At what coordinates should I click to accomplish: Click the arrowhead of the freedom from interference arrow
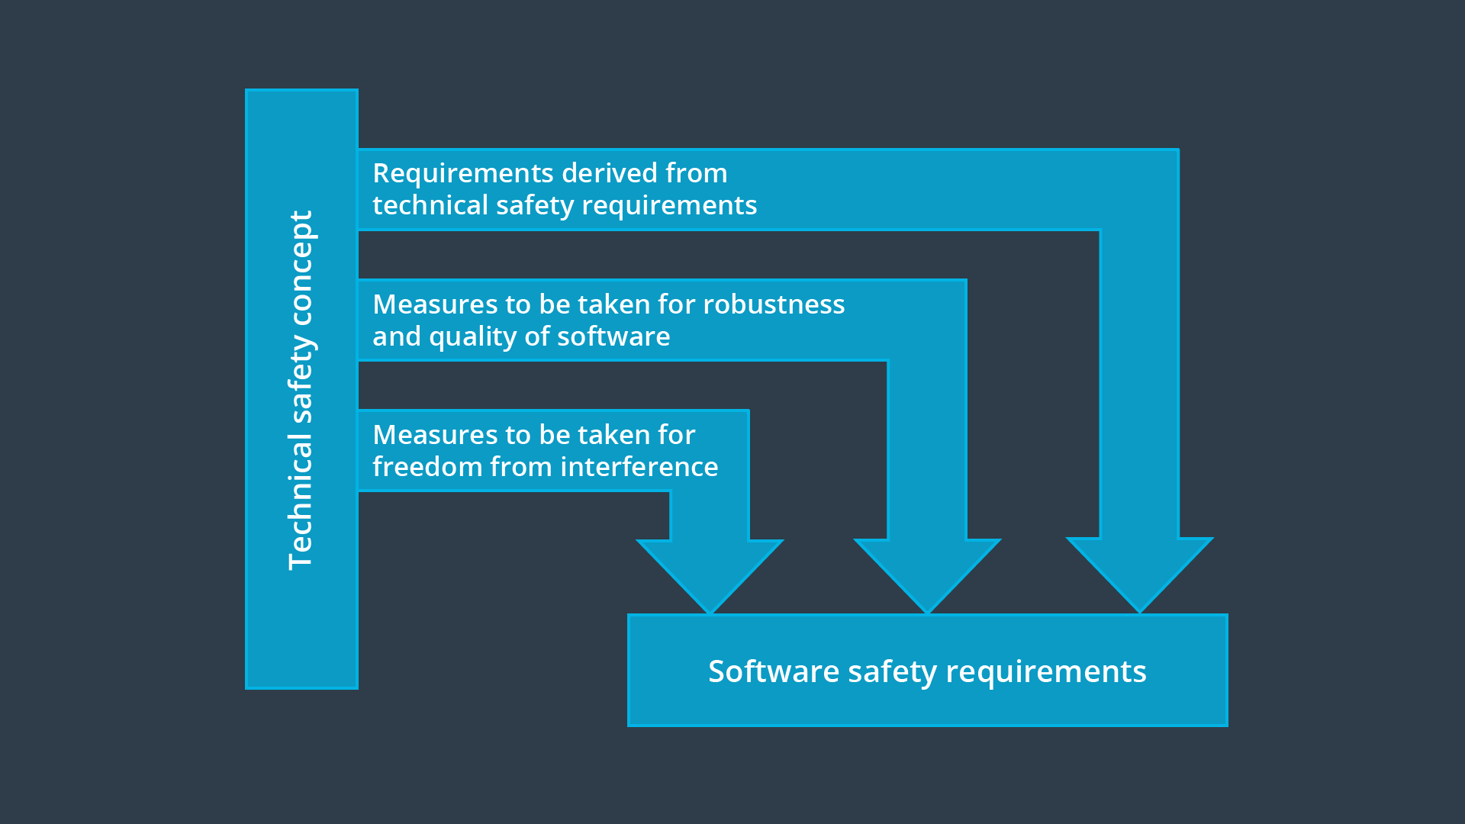tap(710, 572)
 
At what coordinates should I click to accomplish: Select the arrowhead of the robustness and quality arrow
tap(927, 572)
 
